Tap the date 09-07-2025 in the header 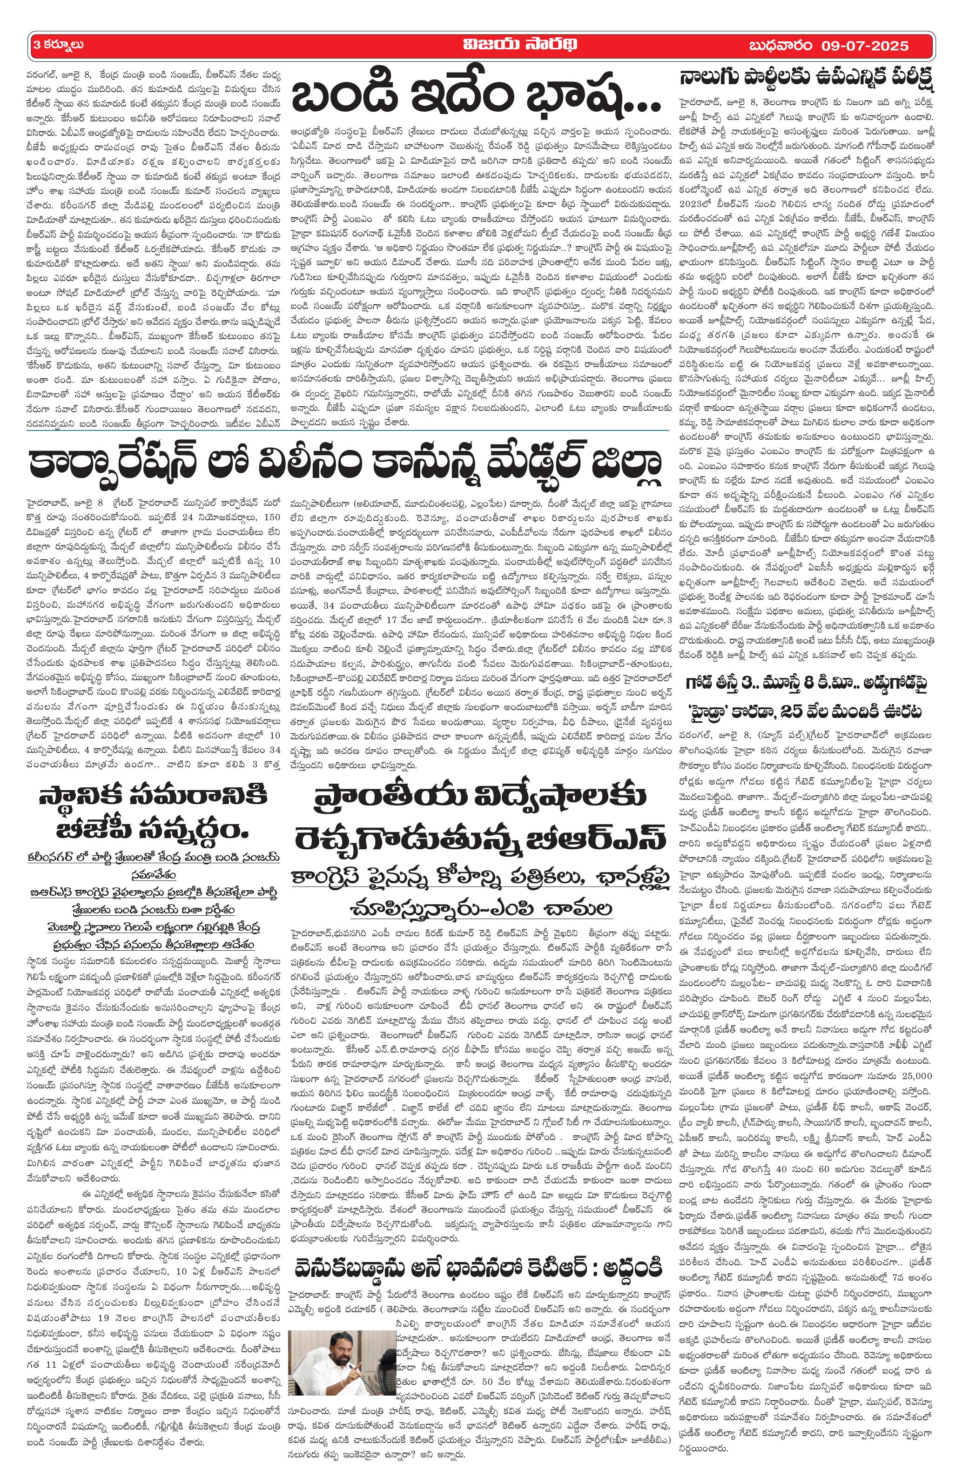click(861, 47)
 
